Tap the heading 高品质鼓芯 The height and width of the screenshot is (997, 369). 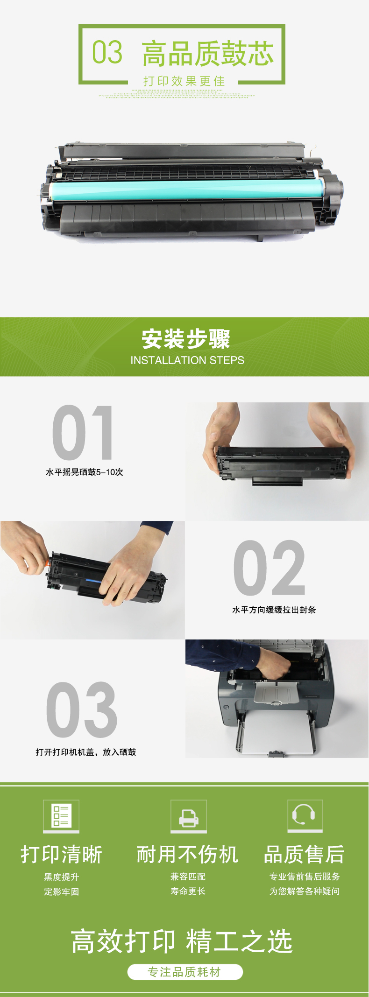pyautogui.click(x=208, y=53)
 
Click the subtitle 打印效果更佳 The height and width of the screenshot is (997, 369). pyautogui.click(x=184, y=81)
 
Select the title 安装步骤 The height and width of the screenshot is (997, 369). pyautogui.click(x=186, y=339)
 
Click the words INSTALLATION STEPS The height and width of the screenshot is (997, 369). pyautogui.click(x=187, y=360)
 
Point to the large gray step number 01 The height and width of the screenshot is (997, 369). pyautogui.click(x=83, y=433)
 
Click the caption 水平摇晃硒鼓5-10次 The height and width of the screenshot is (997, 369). pyautogui.click(x=85, y=472)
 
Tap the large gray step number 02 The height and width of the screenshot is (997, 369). pyautogui.click(x=269, y=568)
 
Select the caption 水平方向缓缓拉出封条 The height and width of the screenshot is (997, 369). pyautogui.click(x=274, y=610)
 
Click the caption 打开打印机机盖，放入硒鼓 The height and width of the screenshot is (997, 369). pyautogui.click(x=86, y=752)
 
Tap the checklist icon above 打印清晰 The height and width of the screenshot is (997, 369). pyautogui.click(x=61, y=816)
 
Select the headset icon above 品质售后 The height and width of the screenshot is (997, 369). pyautogui.click(x=305, y=816)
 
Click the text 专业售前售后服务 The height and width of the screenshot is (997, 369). pyautogui.click(x=305, y=877)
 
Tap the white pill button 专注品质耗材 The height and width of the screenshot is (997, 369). pyautogui.click(x=185, y=972)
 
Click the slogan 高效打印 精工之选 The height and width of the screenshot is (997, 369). pyautogui.click(x=182, y=941)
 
